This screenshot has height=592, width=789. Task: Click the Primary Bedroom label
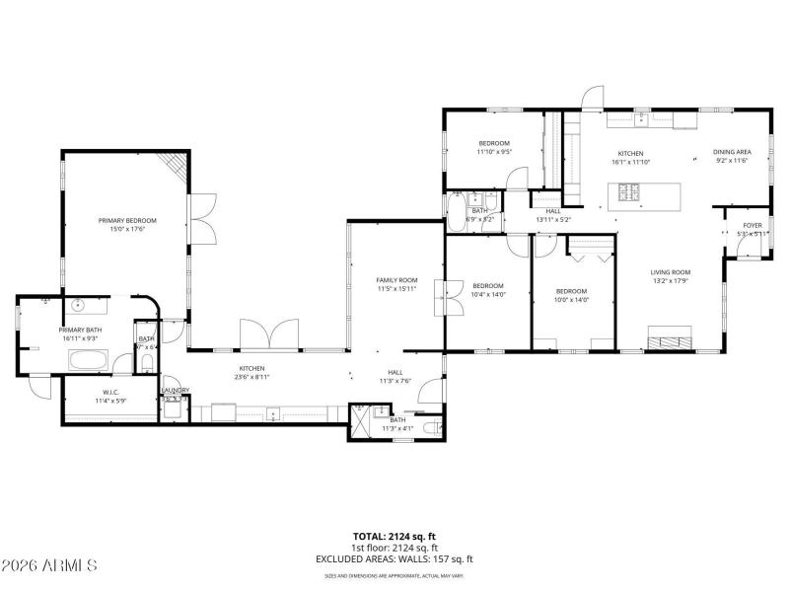pyautogui.click(x=127, y=220)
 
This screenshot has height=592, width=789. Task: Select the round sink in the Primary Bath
pyautogui.click(x=78, y=305)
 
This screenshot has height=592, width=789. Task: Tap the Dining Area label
pyautogui.click(x=732, y=152)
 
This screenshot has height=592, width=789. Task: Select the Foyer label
pyautogui.click(x=753, y=225)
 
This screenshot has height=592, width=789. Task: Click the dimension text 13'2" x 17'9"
pyautogui.click(x=670, y=280)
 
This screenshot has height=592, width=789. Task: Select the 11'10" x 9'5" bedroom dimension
pyautogui.click(x=494, y=152)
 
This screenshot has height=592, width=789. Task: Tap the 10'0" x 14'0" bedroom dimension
pyautogui.click(x=571, y=300)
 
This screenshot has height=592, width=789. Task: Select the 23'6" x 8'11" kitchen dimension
pyautogui.click(x=251, y=377)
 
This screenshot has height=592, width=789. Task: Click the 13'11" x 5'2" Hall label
pyautogui.click(x=553, y=219)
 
